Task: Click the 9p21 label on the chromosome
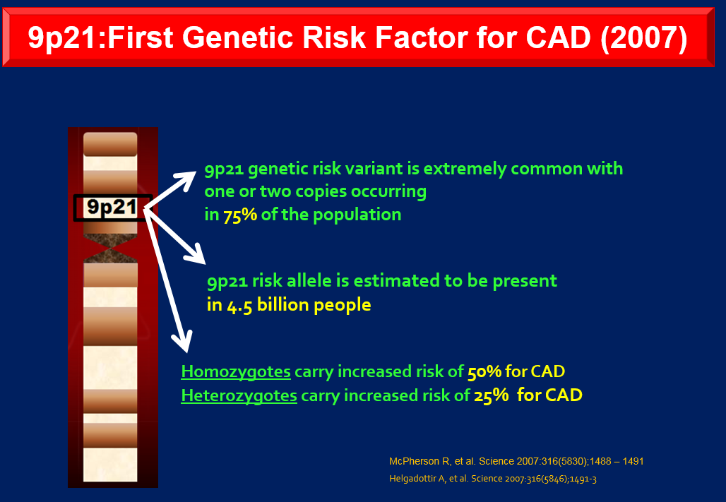pyautogui.click(x=112, y=207)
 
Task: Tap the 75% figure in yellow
pyautogui.click(x=240, y=215)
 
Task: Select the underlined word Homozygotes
pyautogui.click(x=236, y=372)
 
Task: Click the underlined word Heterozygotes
pyautogui.click(x=239, y=396)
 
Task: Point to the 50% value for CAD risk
pyautogui.click(x=484, y=372)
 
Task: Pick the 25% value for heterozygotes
pyautogui.click(x=491, y=396)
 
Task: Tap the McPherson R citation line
pyautogui.click(x=516, y=461)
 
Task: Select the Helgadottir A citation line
pyautogui.click(x=493, y=479)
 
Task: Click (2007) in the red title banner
pyautogui.click(x=644, y=37)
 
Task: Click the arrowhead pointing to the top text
pyautogui.click(x=187, y=179)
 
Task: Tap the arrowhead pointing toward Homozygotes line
pyautogui.click(x=183, y=342)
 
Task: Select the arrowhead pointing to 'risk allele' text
pyautogui.click(x=196, y=254)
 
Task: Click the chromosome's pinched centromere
pyautogui.click(x=110, y=249)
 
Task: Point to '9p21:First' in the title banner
pyautogui.click(x=100, y=37)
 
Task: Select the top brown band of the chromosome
pyautogui.click(x=110, y=145)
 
